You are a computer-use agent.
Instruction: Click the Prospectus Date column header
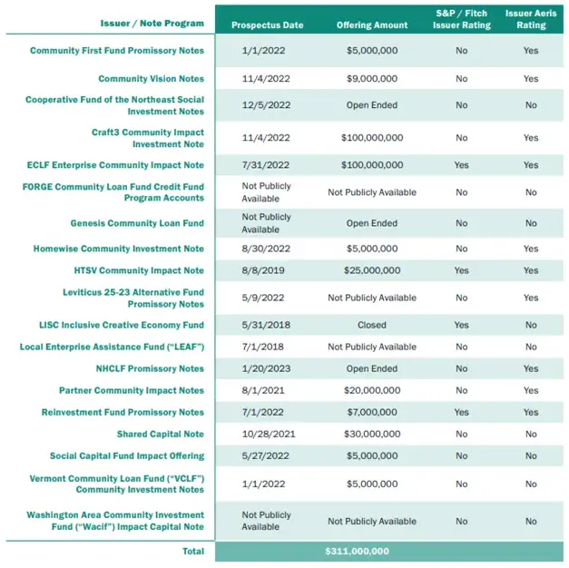267,24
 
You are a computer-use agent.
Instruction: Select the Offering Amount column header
371,24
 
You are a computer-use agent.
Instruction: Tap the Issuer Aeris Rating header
531,19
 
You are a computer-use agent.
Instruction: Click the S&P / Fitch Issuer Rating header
461,19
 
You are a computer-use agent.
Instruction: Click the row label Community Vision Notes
151,79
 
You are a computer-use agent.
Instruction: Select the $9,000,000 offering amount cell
371,79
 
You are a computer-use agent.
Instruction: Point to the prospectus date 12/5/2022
267,105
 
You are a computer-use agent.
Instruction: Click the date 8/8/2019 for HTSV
267,270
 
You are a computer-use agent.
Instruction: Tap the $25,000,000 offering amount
371,270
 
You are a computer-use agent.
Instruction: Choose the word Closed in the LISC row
371,325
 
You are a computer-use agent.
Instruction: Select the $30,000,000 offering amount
371,435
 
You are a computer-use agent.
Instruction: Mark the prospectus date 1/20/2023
267,368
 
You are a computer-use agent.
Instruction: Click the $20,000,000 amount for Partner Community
371,390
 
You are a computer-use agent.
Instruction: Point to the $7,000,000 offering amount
371,413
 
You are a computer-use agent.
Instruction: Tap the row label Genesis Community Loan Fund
137,223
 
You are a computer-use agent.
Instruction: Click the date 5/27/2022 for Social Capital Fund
267,456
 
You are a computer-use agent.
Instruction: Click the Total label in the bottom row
191,551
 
